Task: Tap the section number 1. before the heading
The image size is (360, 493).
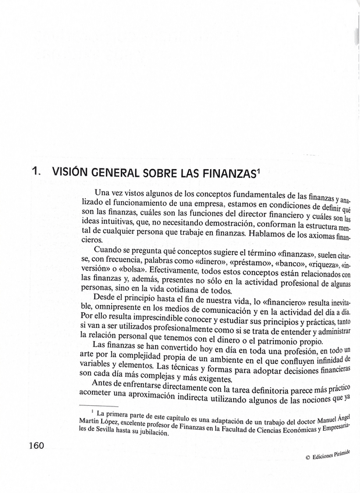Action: (x=35, y=173)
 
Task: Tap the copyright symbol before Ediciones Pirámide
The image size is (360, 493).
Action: (x=308, y=458)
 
